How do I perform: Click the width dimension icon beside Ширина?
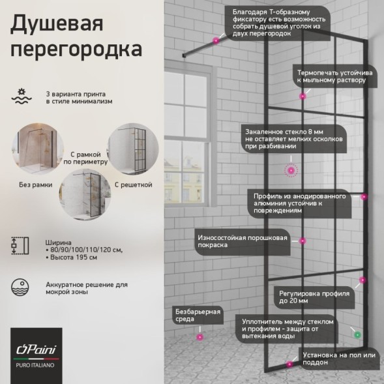pyautogui.click(x=20, y=244)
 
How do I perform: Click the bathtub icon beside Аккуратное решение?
pyautogui.click(x=20, y=288)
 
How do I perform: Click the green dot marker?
pyautogui.click(x=357, y=334)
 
